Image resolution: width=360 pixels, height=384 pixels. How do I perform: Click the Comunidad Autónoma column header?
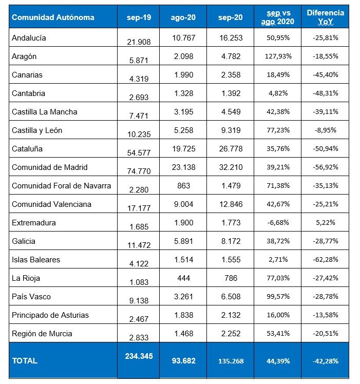[53, 17]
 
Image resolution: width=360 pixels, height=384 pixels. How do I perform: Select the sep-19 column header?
[138, 17]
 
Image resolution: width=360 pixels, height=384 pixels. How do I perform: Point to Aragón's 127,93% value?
[279, 56]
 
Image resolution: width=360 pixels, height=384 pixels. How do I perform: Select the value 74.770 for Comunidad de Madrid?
[138, 171]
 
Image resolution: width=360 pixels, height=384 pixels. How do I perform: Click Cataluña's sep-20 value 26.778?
[230, 149]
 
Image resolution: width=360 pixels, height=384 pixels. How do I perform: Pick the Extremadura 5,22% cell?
[325, 223]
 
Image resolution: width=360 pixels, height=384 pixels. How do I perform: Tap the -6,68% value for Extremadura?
[279, 223]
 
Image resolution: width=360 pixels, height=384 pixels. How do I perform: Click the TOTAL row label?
[25, 361]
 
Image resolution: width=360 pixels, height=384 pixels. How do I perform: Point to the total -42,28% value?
[325, 361]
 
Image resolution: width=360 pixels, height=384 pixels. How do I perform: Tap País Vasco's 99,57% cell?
[279, 297]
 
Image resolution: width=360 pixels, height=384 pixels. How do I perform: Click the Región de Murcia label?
[42, 334]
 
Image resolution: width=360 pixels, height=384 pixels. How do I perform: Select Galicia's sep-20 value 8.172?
[230, 241]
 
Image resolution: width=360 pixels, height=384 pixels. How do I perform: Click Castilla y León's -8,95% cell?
[325, 130]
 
